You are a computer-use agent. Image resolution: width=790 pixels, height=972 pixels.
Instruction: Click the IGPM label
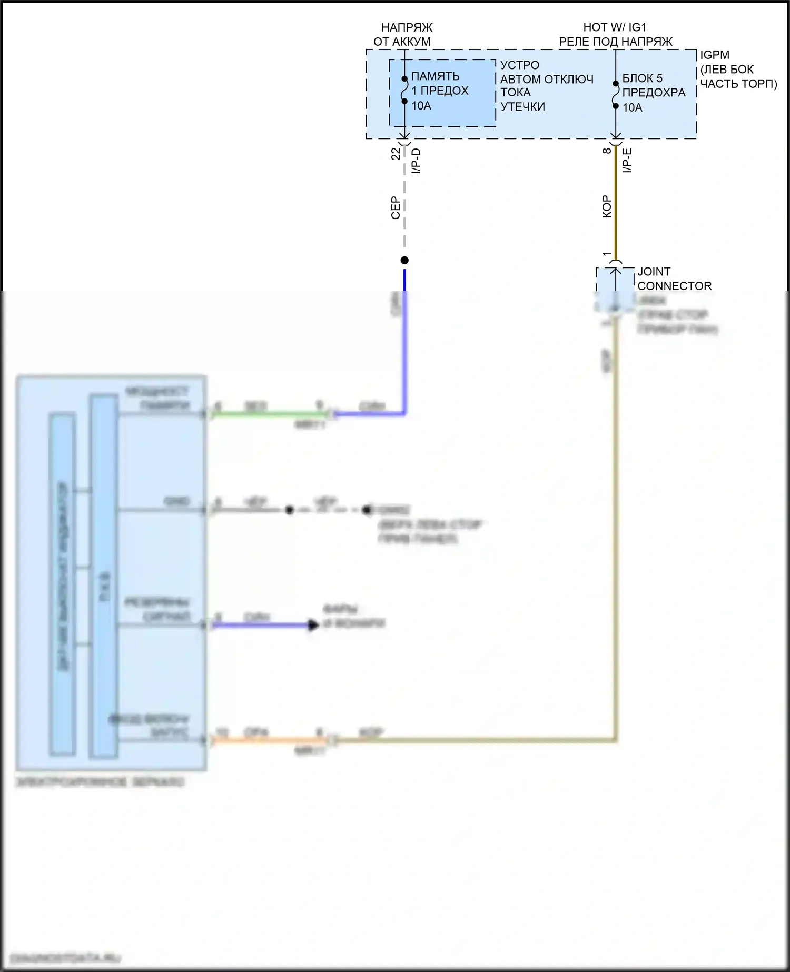click(x=714, y=55)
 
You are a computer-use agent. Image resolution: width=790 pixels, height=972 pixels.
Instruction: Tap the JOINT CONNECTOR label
click(x=674, y=279)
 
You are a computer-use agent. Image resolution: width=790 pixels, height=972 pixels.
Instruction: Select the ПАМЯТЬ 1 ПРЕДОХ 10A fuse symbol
click(x=404, y=90)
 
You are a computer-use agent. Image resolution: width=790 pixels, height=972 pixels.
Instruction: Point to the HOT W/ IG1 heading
click(x=615, y=27)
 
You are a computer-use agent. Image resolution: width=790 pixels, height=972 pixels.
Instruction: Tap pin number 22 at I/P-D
click(x=396, y=154)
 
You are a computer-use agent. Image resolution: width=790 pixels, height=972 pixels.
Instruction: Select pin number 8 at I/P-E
click(x=607, y=151)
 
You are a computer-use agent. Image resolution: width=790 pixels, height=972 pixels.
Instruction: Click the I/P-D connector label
click(x=416, y=161)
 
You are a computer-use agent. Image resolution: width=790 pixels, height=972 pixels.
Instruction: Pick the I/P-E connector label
click(x=627, y=161)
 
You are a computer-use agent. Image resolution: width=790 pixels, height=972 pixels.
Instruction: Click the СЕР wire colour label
click(x=396, y=208)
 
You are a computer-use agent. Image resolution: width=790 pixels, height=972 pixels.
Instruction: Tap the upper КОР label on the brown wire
click(x=607, y=206)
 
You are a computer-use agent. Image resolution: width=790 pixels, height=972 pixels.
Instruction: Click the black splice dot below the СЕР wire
click(x=404, y=260)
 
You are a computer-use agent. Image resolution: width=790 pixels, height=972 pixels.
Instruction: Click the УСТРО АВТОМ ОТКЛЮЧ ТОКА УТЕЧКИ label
click(x=547, y=86)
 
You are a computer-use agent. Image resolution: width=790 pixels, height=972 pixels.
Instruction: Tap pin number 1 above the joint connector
click(x=607, y=254)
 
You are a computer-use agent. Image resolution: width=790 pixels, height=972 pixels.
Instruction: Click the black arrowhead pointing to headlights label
click(x=313, y=626)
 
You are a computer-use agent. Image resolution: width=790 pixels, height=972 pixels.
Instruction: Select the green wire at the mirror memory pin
click(x=263, y=414)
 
